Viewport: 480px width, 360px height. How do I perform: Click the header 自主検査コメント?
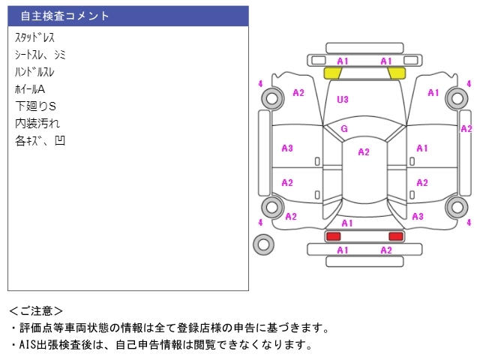click(64, 16)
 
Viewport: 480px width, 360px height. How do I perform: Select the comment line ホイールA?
click(30, 89)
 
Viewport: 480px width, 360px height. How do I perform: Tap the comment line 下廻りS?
click(35, 106)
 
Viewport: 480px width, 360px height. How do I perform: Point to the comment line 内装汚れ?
click(37, 123)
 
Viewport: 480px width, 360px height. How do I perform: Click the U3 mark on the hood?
click(343, 99)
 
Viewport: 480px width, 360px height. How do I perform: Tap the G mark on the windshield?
click(344, 128)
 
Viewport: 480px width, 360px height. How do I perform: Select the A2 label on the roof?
click(364, 151)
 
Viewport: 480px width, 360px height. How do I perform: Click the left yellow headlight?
click(333, 73)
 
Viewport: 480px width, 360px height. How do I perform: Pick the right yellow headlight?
click(397, 73)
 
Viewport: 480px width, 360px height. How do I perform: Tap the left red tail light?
click(333, 236)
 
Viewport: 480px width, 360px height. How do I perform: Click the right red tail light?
click(396, 236)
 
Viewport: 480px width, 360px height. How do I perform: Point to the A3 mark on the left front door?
click(287, 148)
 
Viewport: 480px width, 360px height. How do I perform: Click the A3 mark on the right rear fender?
click(418, 217)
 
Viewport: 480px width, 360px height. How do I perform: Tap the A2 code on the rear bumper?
click(386, 250)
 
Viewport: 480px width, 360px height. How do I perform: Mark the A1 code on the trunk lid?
click(346, 223)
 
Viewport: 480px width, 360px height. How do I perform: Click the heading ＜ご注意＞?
click(36, 311)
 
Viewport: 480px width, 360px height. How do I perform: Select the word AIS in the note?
click(28, 345)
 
